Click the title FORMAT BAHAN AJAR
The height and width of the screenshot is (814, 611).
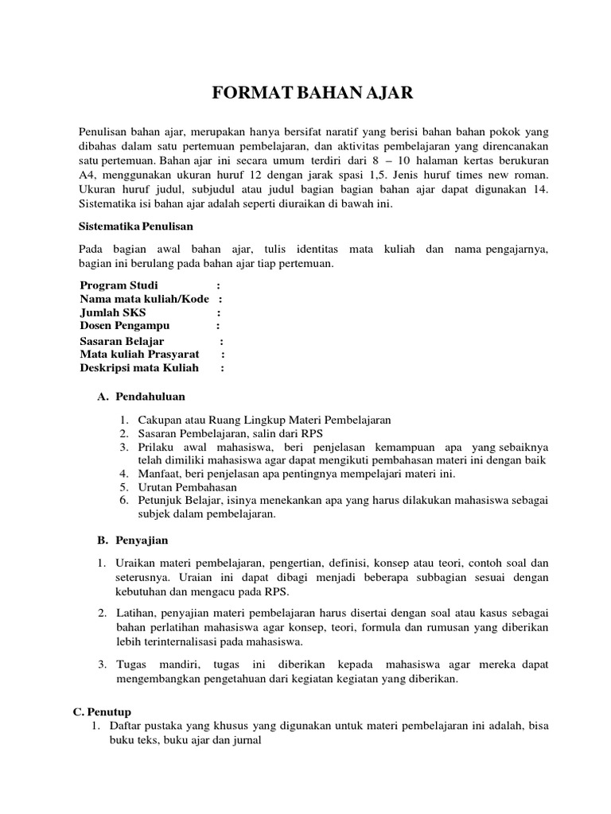(x=313, y=94)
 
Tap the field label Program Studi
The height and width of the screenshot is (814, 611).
(x=119, y=285)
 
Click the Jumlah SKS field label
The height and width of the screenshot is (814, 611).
(x=112, y=312)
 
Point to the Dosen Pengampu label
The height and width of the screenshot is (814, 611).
(x=125, y=325)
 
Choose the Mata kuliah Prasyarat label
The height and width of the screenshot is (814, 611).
(x=138, y=354)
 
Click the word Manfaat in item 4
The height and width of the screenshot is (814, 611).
(x=155, y=474)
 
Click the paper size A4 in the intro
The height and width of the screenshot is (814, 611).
(x=87, y=174)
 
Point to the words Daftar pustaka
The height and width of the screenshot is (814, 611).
(x=149, y=726)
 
